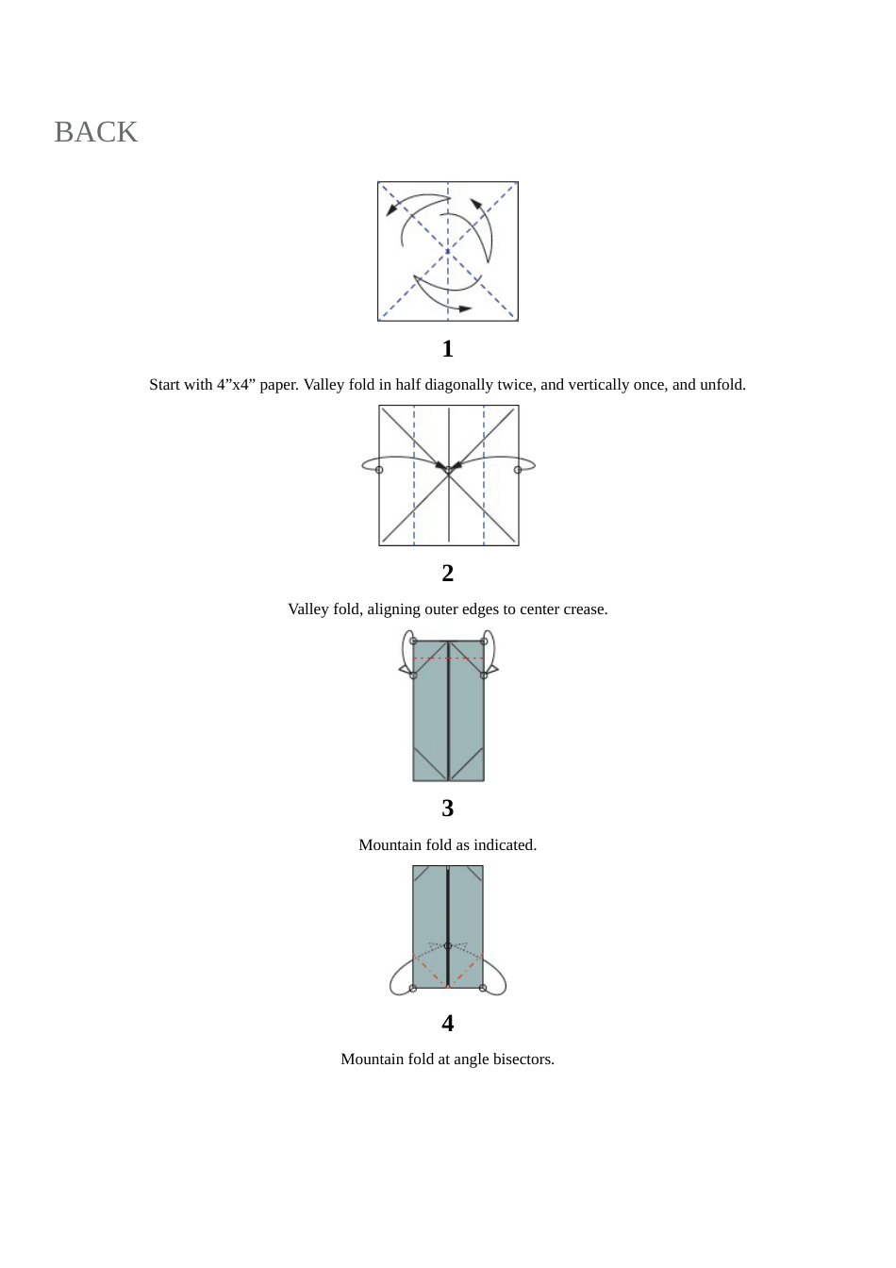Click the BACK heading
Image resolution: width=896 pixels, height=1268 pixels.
click(95, 132)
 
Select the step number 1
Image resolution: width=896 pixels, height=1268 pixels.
click(447, 349)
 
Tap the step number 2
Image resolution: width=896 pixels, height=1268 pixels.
click(447, 573)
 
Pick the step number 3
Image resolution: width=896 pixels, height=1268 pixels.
click(447, 809)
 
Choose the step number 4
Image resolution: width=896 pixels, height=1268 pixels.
click(447, 1023)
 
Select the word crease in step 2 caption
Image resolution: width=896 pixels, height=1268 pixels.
click(585, 609)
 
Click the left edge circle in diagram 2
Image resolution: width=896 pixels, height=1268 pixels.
click(379, 469)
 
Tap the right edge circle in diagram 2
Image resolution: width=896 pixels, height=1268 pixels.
click(518, 469)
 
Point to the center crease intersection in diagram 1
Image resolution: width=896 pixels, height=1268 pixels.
click(448, 251)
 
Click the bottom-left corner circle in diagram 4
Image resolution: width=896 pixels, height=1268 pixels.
click(413, 988)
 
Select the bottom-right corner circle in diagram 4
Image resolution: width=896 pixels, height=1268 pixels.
click(483, 988)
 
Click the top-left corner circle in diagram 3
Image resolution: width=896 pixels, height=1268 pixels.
click(413, 641)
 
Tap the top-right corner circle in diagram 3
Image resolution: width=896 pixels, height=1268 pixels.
click(484, 641)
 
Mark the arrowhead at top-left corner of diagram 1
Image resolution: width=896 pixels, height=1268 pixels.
click(391, 209)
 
